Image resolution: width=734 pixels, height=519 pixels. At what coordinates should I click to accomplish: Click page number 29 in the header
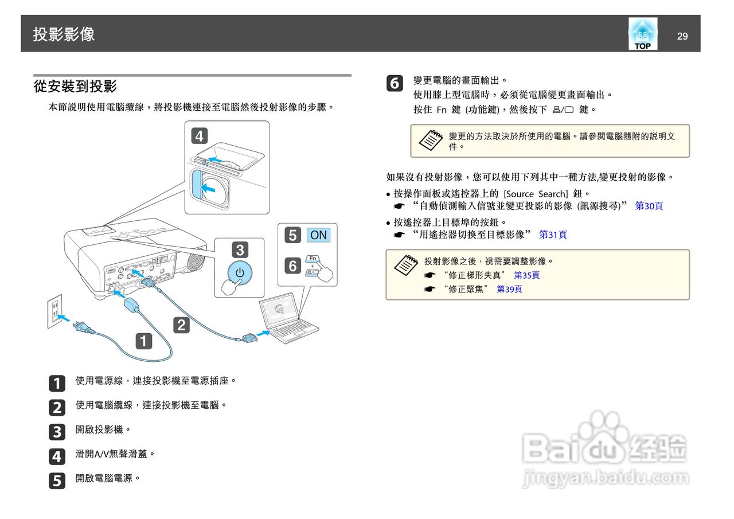(682, 37)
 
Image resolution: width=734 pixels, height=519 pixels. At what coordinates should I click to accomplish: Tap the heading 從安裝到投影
(75, 87)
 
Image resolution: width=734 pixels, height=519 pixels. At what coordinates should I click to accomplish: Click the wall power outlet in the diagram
(54, 311)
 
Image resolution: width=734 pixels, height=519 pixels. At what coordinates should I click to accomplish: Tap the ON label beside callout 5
(318, 235)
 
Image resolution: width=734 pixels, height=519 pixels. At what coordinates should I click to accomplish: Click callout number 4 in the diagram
(199, 136)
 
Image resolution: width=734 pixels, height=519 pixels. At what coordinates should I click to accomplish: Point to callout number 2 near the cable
(181, 325)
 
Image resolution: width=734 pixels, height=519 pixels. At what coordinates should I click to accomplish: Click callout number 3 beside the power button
(240, 249)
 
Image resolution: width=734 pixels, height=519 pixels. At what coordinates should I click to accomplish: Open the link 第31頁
(553, 235)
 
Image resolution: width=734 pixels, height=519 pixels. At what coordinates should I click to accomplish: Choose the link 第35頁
(526, 275)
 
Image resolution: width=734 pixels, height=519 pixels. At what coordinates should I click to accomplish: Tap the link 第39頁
(509, 289)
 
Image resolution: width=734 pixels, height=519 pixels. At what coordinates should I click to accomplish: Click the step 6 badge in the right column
(395, 84)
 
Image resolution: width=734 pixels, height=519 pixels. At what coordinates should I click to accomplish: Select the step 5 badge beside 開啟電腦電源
(57, 481)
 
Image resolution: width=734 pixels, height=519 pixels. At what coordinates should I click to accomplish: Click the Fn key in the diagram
(313, 259)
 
